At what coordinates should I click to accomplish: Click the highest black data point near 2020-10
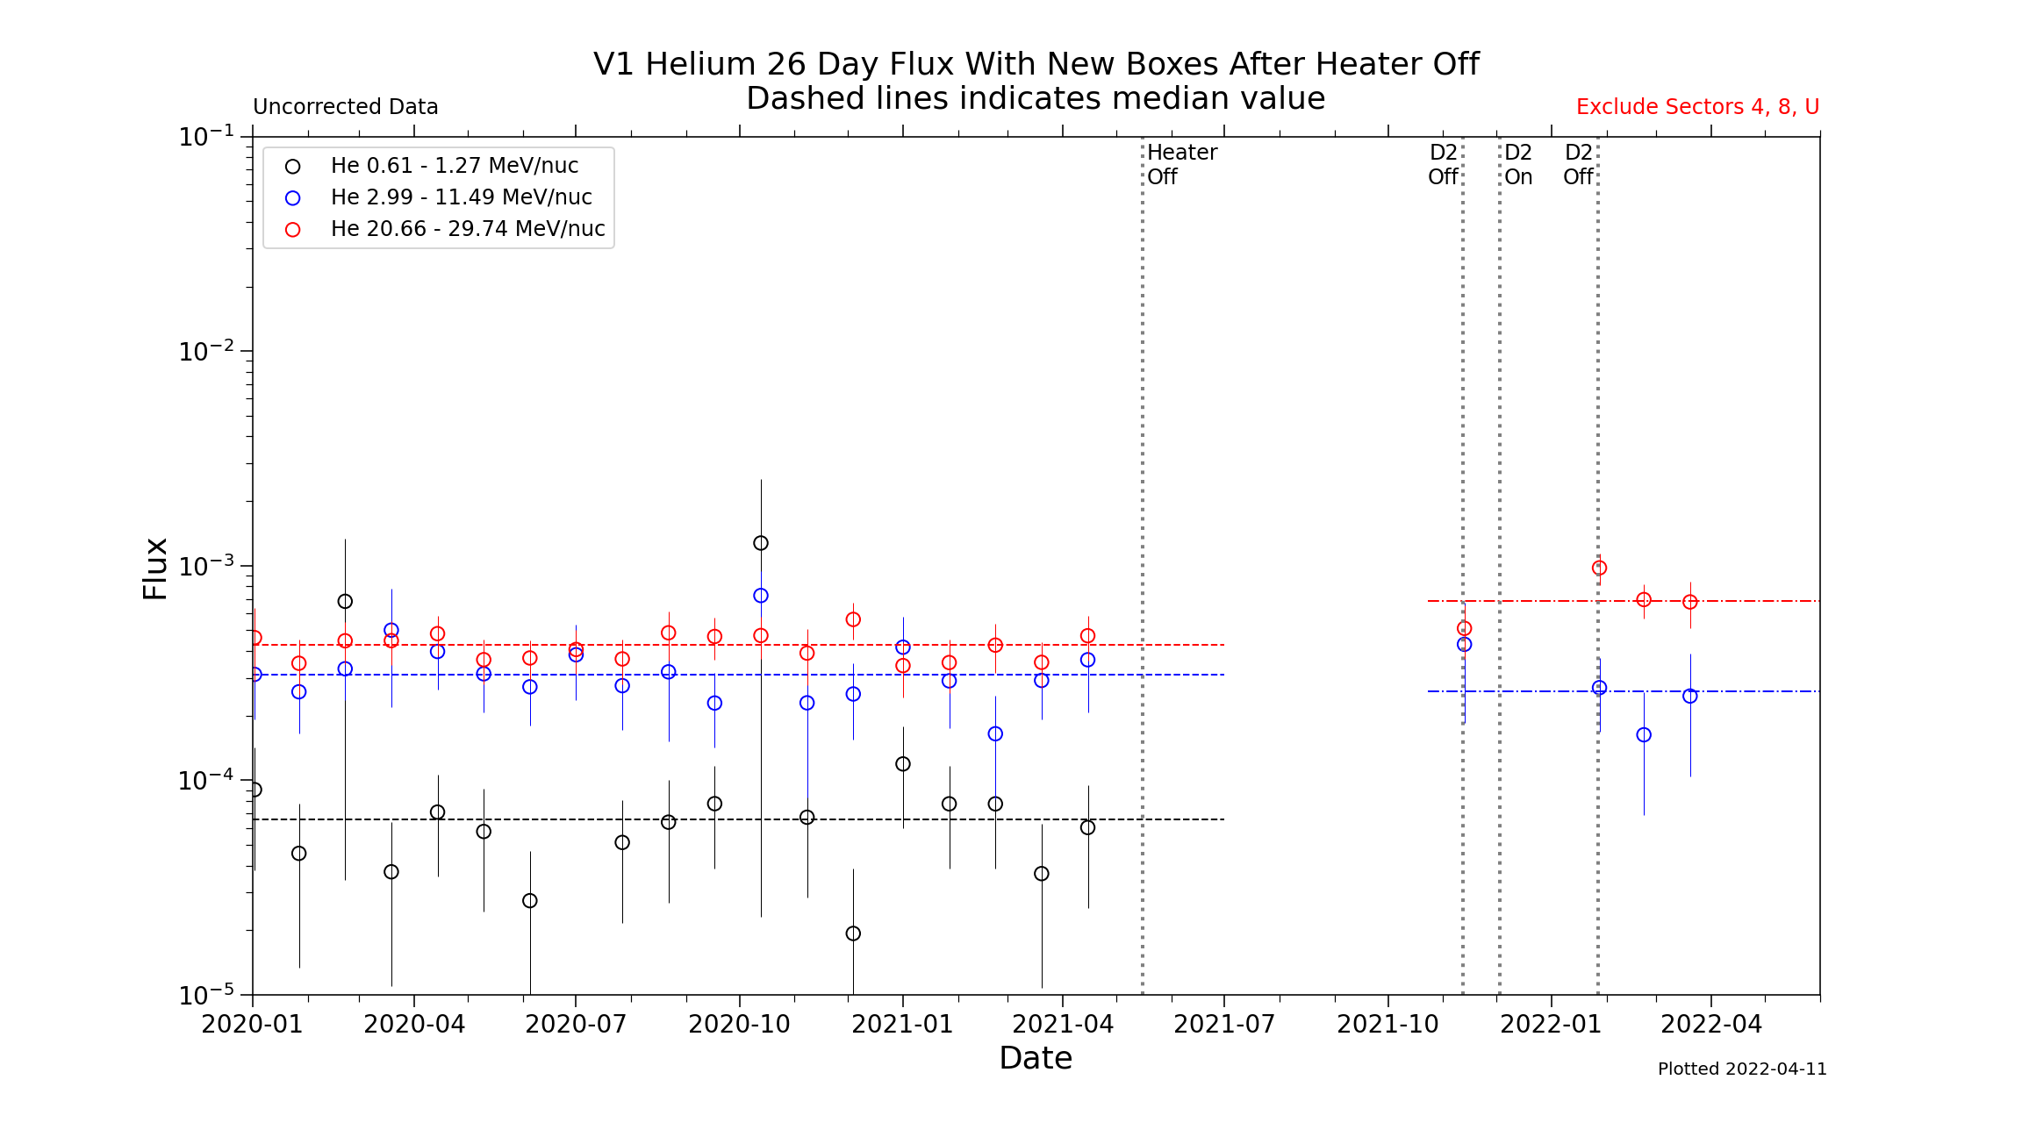(761, 543)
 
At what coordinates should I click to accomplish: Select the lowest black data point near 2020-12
(853, 933)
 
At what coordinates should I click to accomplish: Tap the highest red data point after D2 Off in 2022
(1599, 568)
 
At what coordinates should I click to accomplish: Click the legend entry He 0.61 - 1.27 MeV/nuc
(454, 166)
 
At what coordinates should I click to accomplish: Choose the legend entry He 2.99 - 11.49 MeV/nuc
(461, 197)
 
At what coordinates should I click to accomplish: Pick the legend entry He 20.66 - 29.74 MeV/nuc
(467, 229)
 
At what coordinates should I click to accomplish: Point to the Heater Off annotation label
(1181, 164)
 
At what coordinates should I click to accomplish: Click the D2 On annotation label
(1518, 164)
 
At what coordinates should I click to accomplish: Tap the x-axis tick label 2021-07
(1224, 1024)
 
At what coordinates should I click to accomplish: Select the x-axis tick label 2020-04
(414, 1024)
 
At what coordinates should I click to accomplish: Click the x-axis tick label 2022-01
(1551, 1024)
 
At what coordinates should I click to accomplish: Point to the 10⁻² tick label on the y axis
(207, 351)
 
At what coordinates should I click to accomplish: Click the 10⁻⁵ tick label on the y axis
(207, 995)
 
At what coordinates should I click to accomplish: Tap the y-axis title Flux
(155, 568)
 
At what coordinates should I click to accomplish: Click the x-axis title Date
(1036, 1058)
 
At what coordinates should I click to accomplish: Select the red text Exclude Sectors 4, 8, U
(1697, 107)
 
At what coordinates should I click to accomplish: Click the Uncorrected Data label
(346, 107)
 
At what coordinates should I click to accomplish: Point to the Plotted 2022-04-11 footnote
(1742, 1069)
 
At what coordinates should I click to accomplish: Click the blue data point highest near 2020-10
(761, 596)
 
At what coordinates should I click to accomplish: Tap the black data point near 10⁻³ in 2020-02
(345, 601)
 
